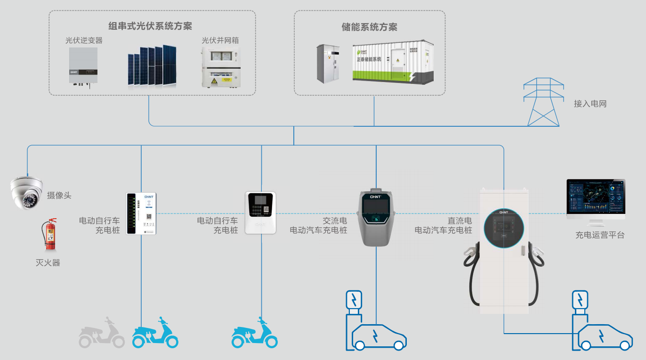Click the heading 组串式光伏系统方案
pos(150,26)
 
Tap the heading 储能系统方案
pos(369,27)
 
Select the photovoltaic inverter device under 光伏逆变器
pos(83,66)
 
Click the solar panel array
pos(152,66)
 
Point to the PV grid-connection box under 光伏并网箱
pos(220,67)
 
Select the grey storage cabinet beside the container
pos(328,64)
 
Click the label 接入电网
pos(590,104)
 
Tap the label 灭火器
pos(48,263)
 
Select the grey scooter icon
pos(102,333)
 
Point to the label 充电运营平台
pos(599,235)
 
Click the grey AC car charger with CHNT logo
pos(376,217)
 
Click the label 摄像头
pos(59,195)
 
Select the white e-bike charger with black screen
pos(260,213)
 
